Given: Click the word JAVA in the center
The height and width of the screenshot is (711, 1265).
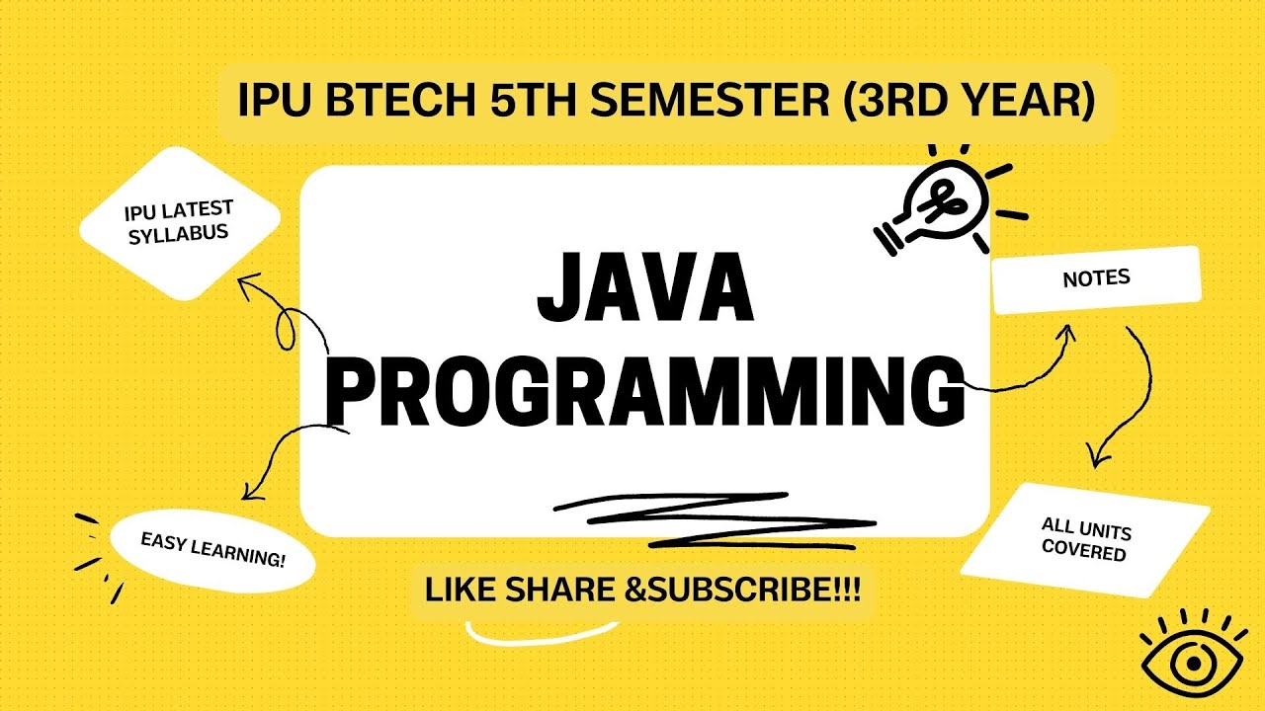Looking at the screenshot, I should [x=644, y=288].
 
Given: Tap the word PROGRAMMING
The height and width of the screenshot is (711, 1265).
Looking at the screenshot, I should [x=644, y=392].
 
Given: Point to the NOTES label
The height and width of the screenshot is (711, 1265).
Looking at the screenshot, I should [x=1096, y=279].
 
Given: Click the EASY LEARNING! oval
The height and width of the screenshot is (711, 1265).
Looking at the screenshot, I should [x=212, y=550].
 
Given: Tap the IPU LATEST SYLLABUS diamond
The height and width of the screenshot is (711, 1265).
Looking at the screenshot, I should [x=178, y=221].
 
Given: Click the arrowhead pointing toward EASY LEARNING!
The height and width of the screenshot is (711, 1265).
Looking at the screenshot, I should [x=248, y=490].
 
